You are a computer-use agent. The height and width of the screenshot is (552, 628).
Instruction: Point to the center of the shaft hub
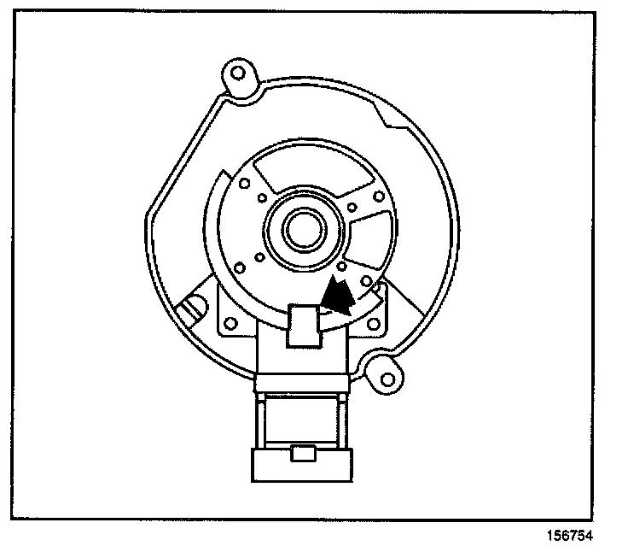(299, 229)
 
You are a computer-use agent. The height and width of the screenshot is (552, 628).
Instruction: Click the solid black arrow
(339, 296)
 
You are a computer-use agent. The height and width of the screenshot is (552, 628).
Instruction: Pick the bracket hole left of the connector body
(230, 324)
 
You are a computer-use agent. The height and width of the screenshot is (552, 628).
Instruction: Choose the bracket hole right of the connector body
(373, 326)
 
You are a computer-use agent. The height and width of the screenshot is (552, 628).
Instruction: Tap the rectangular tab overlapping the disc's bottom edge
(304, 324)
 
